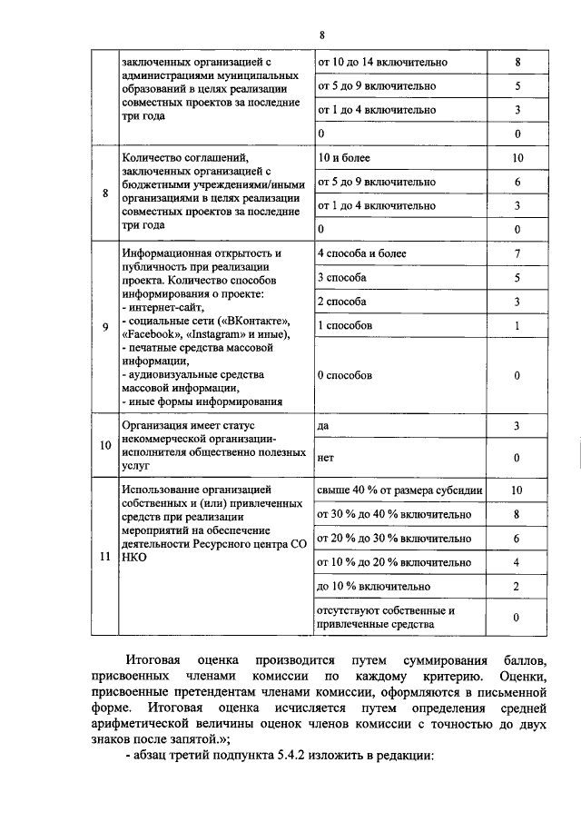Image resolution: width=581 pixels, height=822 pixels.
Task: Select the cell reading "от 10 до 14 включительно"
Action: [381, 63]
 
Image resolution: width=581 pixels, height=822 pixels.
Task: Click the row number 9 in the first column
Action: [104, 326]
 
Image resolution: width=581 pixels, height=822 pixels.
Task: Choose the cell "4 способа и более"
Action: [362, 253]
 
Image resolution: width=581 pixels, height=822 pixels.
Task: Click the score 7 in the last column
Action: [516, 253]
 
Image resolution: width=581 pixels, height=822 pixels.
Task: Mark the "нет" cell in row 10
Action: [326, 459]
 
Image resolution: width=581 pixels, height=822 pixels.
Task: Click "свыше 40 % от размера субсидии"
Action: [399, 490]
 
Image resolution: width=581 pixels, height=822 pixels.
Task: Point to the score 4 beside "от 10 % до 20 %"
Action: [516, 563]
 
